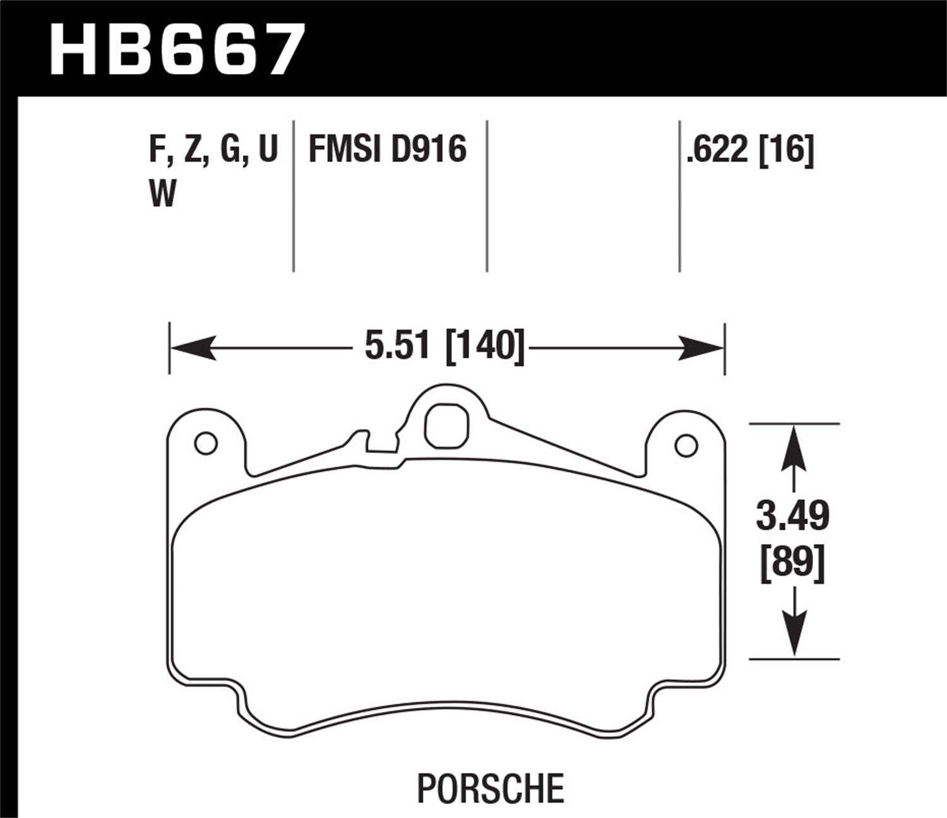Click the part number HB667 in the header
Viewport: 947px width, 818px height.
(177, 48)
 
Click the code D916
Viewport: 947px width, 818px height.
(428, 150)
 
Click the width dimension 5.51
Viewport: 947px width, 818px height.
(397, 347)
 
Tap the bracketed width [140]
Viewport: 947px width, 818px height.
(485, 347)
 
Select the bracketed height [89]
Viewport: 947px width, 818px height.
(793, 562)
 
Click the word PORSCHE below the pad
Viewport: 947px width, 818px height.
(490, 788)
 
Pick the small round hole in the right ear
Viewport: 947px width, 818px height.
(686, 446)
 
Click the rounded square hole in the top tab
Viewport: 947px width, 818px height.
(447, 428)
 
